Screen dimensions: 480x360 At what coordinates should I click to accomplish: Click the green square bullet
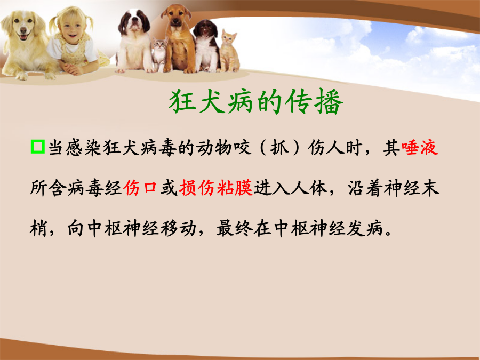[x=38, y=147]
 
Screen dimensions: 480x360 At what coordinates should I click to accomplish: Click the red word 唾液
[x=420, y=148]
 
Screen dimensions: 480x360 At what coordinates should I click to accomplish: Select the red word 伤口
[x=140, y=188]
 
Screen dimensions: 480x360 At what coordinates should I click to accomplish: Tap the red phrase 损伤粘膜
[x=216, y=188]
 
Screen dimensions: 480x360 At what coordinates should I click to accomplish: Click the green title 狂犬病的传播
[x=255, y=102]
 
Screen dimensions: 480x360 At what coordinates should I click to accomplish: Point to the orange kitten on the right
[x=228, y=51]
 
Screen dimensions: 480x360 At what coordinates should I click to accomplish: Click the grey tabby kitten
[x=159, y=54]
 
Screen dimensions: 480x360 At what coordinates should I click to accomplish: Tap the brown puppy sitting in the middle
[x=179, y=38]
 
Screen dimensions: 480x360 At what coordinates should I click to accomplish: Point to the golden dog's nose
[x=23, y=30]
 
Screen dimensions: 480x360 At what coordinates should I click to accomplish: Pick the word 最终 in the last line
[x=235, y=228]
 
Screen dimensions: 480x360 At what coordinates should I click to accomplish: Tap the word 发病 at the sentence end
[x=365, y=228]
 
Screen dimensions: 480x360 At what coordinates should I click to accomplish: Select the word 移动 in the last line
[x=178, y=228]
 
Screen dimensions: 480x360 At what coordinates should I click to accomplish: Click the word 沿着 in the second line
[x=365, y=188]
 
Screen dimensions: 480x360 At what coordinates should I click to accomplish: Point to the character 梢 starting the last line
[x=38, y=228]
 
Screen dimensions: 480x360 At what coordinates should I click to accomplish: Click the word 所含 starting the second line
[x=49, y=188]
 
